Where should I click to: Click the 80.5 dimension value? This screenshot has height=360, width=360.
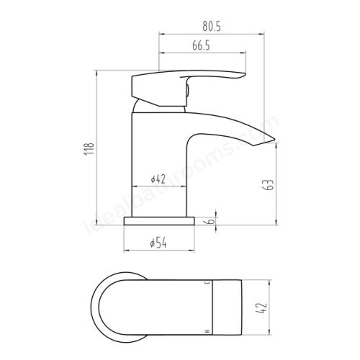(x=212, y=27)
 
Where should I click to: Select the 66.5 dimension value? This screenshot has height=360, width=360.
(x=201, y=45)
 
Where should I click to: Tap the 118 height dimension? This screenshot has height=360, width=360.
(x=89, y=148)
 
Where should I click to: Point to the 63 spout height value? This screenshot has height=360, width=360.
(x=269, y=184)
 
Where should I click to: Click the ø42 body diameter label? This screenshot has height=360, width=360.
(x=158, y=179)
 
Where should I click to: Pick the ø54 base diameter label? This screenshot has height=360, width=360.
(x=158, y=243)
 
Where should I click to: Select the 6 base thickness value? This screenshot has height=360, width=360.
(x=211, y=220)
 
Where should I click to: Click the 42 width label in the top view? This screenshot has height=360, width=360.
(x=261, y=308)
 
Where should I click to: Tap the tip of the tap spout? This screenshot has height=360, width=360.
(x=275, y=139)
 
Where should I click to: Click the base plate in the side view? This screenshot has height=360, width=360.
(x=159, y=221)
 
